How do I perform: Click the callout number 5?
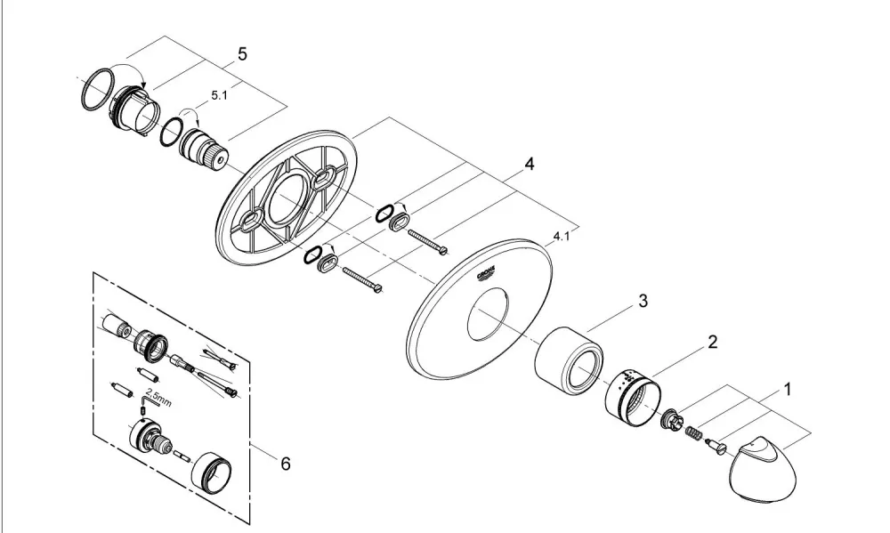tap(242, 54)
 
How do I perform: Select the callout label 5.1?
tap(219, 95)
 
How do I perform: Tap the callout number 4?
tap(529, 164)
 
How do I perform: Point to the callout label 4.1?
tap(562, 236)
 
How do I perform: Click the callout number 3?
tap(643, 301)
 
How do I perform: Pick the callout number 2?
tap(712, 342)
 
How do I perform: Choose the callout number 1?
tap(788, 390)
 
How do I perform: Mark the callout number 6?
tap(286, 464)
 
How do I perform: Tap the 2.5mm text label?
tap(158, 397)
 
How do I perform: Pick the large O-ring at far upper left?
tap(95, 89)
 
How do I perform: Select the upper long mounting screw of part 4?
tap(426, 240)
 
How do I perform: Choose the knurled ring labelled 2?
tap(632, 398)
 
